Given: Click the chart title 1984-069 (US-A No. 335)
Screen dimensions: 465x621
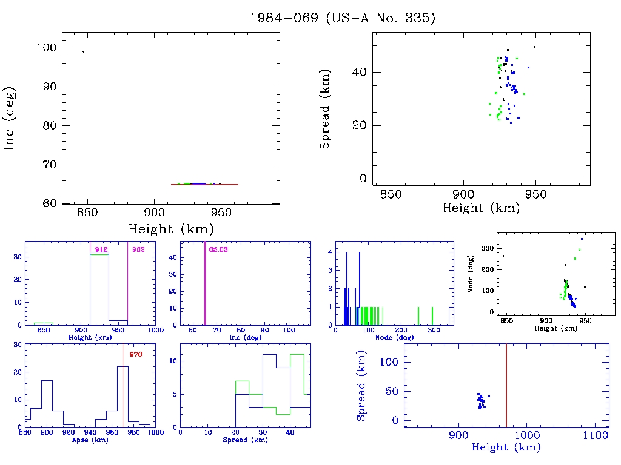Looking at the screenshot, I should [x=343, y=18].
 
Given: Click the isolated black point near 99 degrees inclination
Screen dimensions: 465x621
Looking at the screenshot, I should [x=82, y=52].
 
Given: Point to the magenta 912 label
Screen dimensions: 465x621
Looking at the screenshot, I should [x=101, y=249].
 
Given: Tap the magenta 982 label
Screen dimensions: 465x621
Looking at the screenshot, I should [x=138, y=249].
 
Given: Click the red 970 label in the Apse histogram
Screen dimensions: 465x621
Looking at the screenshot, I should [x=135, y=354].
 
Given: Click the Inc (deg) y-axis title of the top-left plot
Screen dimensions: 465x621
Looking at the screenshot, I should [x=10, y=118].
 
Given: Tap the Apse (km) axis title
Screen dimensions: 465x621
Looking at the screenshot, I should [x=90, y=440].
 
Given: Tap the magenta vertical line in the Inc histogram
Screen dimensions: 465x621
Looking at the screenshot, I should [x=205, y=285].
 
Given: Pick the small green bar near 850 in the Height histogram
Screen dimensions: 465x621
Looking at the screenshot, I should [x=44, y=323].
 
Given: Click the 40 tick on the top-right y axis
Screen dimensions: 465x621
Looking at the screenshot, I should [x=361, y=72].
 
